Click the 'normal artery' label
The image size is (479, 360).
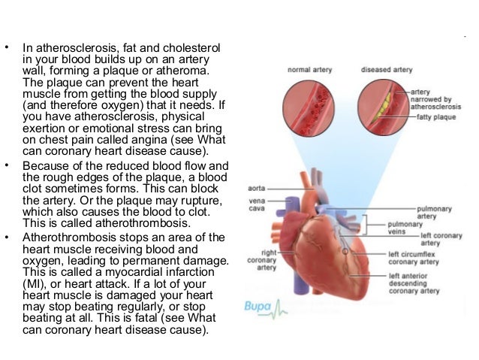pyautogui.click(x=311, y=70)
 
